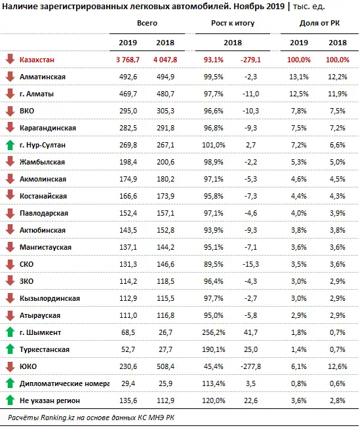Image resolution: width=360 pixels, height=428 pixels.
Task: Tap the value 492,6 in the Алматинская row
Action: pos(127,77)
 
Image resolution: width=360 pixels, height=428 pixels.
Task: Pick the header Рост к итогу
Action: pos(233,23)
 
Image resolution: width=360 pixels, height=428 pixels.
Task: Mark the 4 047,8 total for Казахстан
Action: pos(164,60)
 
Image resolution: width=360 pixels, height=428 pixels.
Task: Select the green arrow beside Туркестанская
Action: pos(10,349)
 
